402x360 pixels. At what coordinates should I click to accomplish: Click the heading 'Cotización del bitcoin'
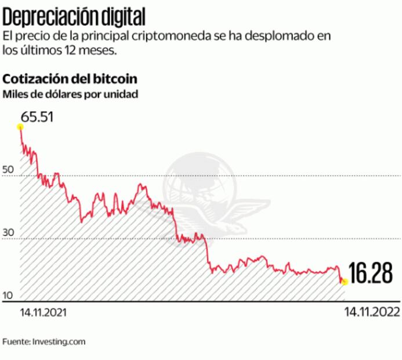(x=70, y=78)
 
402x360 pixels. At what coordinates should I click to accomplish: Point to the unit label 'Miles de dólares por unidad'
(x=70, y=93)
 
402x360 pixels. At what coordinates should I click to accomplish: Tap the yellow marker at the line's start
(x=20, y=127)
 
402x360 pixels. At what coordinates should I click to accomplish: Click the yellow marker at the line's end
(x=345, y=282)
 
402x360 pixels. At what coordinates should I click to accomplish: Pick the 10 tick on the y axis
(x=8, y=296)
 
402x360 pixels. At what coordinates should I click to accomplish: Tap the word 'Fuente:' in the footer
(x=16, y=342)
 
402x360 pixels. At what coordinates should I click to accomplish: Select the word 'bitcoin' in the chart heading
(x=118, y=78)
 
